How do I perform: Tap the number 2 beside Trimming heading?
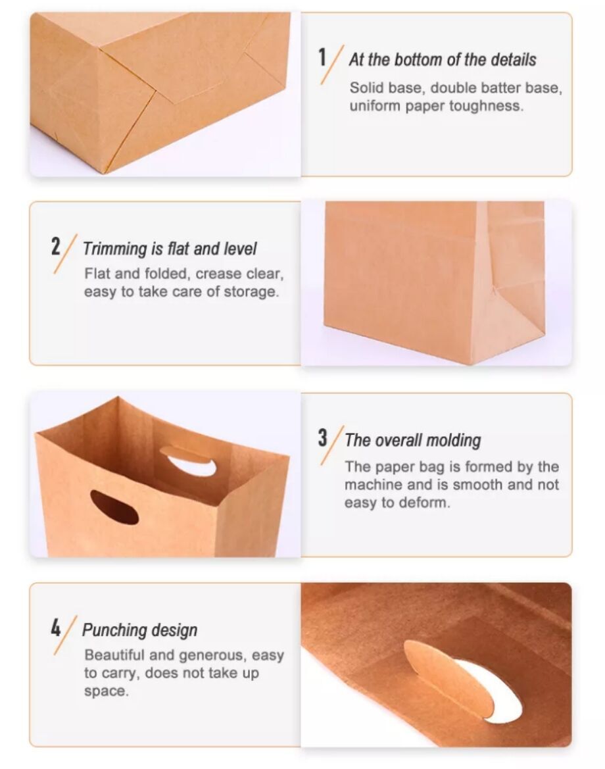pos(55,246)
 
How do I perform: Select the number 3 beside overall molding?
pos(322,437)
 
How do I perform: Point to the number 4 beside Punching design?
pos(55,628)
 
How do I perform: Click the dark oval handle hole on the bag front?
pos(114,507)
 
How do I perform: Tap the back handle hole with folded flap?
pos(188,462)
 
